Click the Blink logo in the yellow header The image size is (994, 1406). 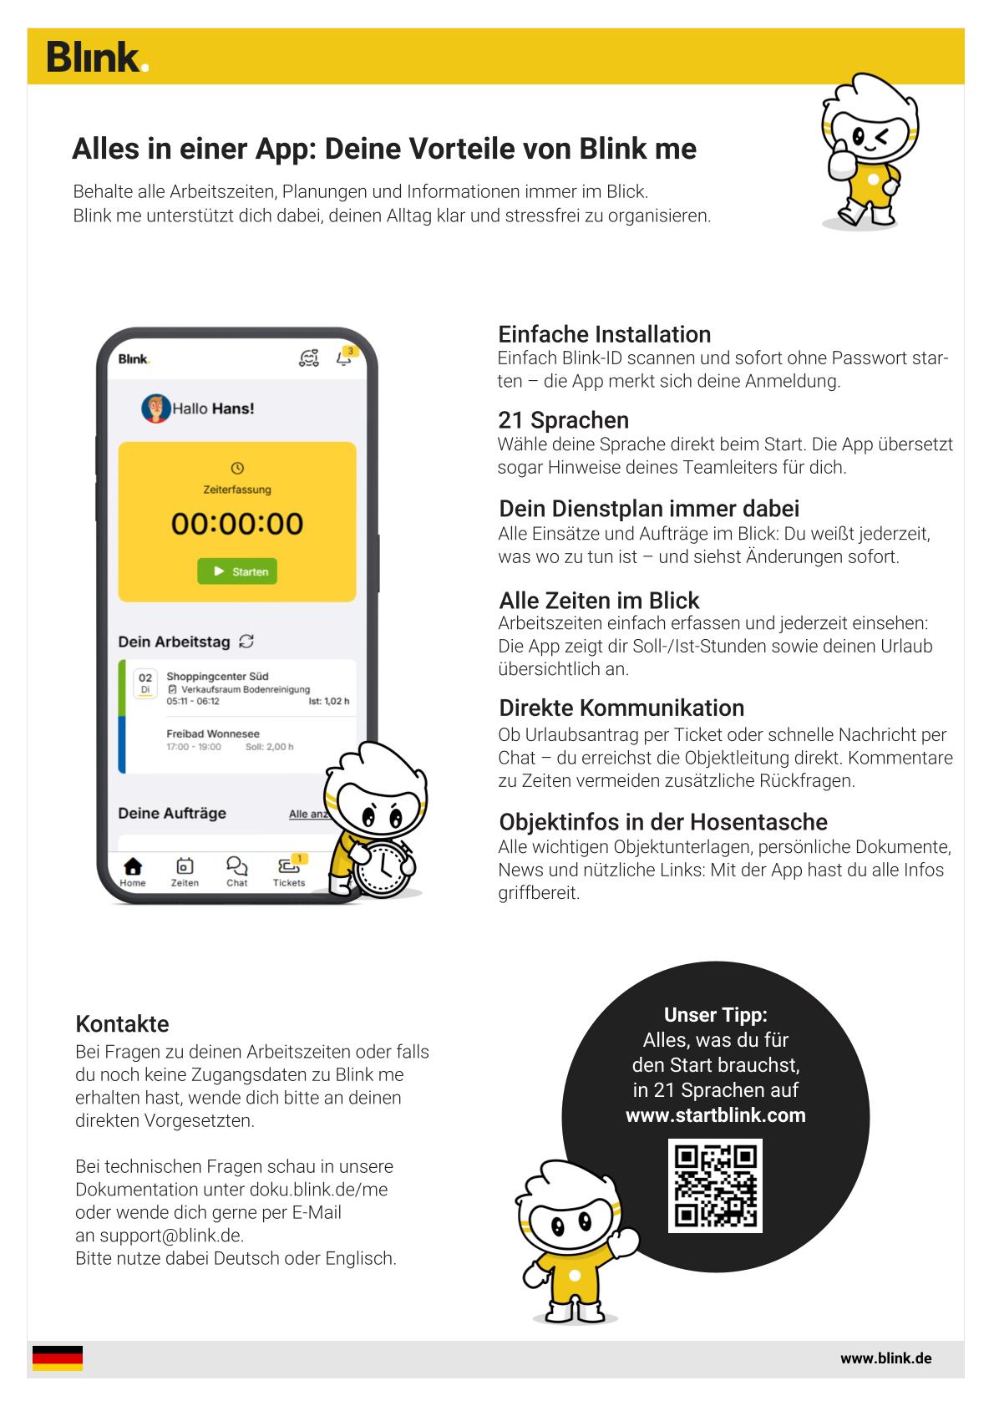pyautogui.click(x=97, y=57)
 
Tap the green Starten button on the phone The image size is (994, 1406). pyautogui.click(x=238, y=571)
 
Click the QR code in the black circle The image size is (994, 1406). pyautogui.click(x=715, y=1185)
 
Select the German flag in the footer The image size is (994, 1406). pyautogui.click(x=58, y=1358)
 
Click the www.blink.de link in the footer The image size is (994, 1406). pyautogui.click(x=885, y=1358)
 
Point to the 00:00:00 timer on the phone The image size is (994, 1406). pyautogui.click(x=237, y=524)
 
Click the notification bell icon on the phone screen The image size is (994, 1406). pyautogui.click(x=343, y=358)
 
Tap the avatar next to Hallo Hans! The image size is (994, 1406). pyautogui.click(x=155, y=409)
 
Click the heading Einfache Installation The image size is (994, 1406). pyautogui.click(x=604, y=334)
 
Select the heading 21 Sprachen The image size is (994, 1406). pyautogui.click(x=563, y=420)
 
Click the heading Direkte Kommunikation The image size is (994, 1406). pyautogui.click(x=621, y=708)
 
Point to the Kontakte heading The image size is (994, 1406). pyautogui.click(x=122, y=1024)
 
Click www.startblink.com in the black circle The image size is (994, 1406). pyautogui.click(x=715, y=1115)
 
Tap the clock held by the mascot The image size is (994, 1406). pyautogui.click(x=383, y=870)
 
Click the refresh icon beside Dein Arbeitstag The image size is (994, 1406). pyautogui.click(x=246, y=642)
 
